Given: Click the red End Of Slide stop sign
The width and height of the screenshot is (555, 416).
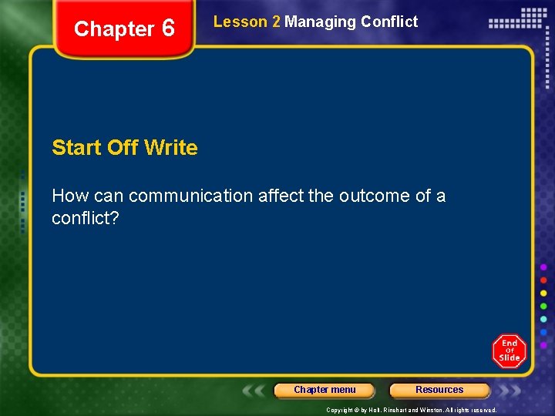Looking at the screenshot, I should click(510, 351).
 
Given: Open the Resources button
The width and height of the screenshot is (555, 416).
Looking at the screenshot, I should click(439, 390).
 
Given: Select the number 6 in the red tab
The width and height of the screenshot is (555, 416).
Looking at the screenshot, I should click(168, 29).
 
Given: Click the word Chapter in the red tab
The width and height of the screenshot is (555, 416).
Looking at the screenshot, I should click(114, 29).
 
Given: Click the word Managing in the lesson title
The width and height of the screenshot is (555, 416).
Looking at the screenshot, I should click(319, 22).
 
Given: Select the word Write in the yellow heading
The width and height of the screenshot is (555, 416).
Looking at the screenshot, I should click(170, 147).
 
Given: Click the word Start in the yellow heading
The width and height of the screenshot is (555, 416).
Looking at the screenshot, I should click(77, 147).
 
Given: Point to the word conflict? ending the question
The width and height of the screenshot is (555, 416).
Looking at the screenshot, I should click(85, 218).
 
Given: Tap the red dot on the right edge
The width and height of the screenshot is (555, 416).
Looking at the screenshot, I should click(544, 280).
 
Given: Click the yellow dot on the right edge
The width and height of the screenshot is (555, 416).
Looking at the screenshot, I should click(544, 294).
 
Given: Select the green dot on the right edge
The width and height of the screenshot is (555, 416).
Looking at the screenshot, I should click(544, 307).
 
